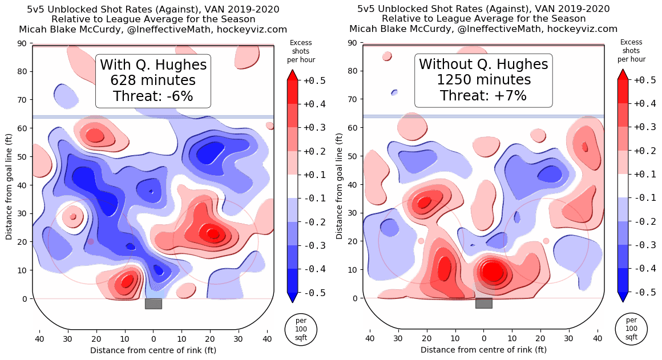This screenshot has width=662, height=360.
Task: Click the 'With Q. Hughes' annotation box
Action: click(153, 81)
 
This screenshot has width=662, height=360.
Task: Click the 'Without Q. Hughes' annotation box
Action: click(483, 80)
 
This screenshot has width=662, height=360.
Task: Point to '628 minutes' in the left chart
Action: click(153, 80)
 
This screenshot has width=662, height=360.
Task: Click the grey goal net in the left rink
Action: click(154, 304)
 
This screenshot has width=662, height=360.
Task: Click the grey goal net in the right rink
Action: click(484, 304)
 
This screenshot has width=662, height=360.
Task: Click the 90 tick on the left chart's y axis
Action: click(23, 43)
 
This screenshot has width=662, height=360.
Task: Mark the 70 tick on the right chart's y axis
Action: click(354, 99)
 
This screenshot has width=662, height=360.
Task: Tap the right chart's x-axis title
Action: click(483, 349)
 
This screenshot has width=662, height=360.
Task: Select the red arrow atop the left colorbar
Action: click(292, 75)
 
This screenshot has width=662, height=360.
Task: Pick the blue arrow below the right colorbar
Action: click(623, 297)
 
